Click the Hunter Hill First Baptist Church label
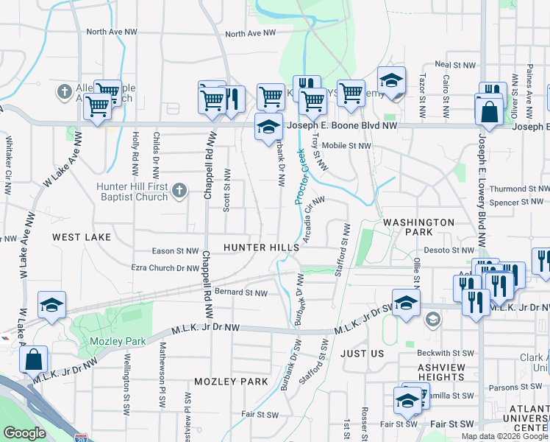coord(132,192)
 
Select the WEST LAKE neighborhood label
coord(82,237)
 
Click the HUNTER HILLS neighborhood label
coord(262,248)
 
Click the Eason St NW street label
coord(175,251)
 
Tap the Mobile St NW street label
coord(346,146)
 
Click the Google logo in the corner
coord(25,433)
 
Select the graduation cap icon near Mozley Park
coord(51,306)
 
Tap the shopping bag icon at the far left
coord(34,360)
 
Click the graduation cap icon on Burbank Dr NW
coord(269,127)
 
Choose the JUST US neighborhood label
coord(362,354)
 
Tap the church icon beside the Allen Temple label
coord(65,93)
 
